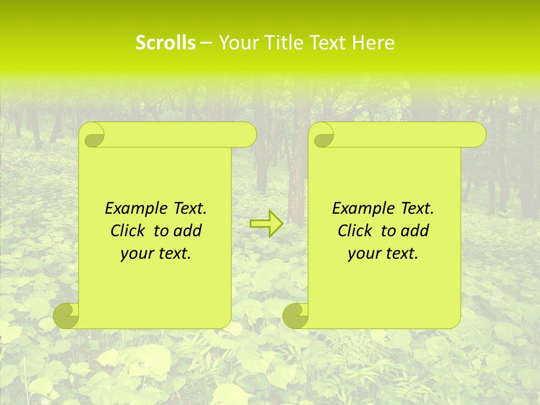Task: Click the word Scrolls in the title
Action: coord(165,43)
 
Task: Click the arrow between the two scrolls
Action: coord(266,223)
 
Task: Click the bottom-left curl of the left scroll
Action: coord(66,316)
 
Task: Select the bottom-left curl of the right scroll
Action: coord(295,316)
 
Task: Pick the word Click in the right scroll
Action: coord(356,231)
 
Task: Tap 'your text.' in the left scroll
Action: coord(156,254)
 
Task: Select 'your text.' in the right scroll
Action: coord(383,254)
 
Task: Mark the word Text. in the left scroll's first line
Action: coord(190,209)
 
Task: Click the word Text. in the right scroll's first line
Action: coord(417,209)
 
